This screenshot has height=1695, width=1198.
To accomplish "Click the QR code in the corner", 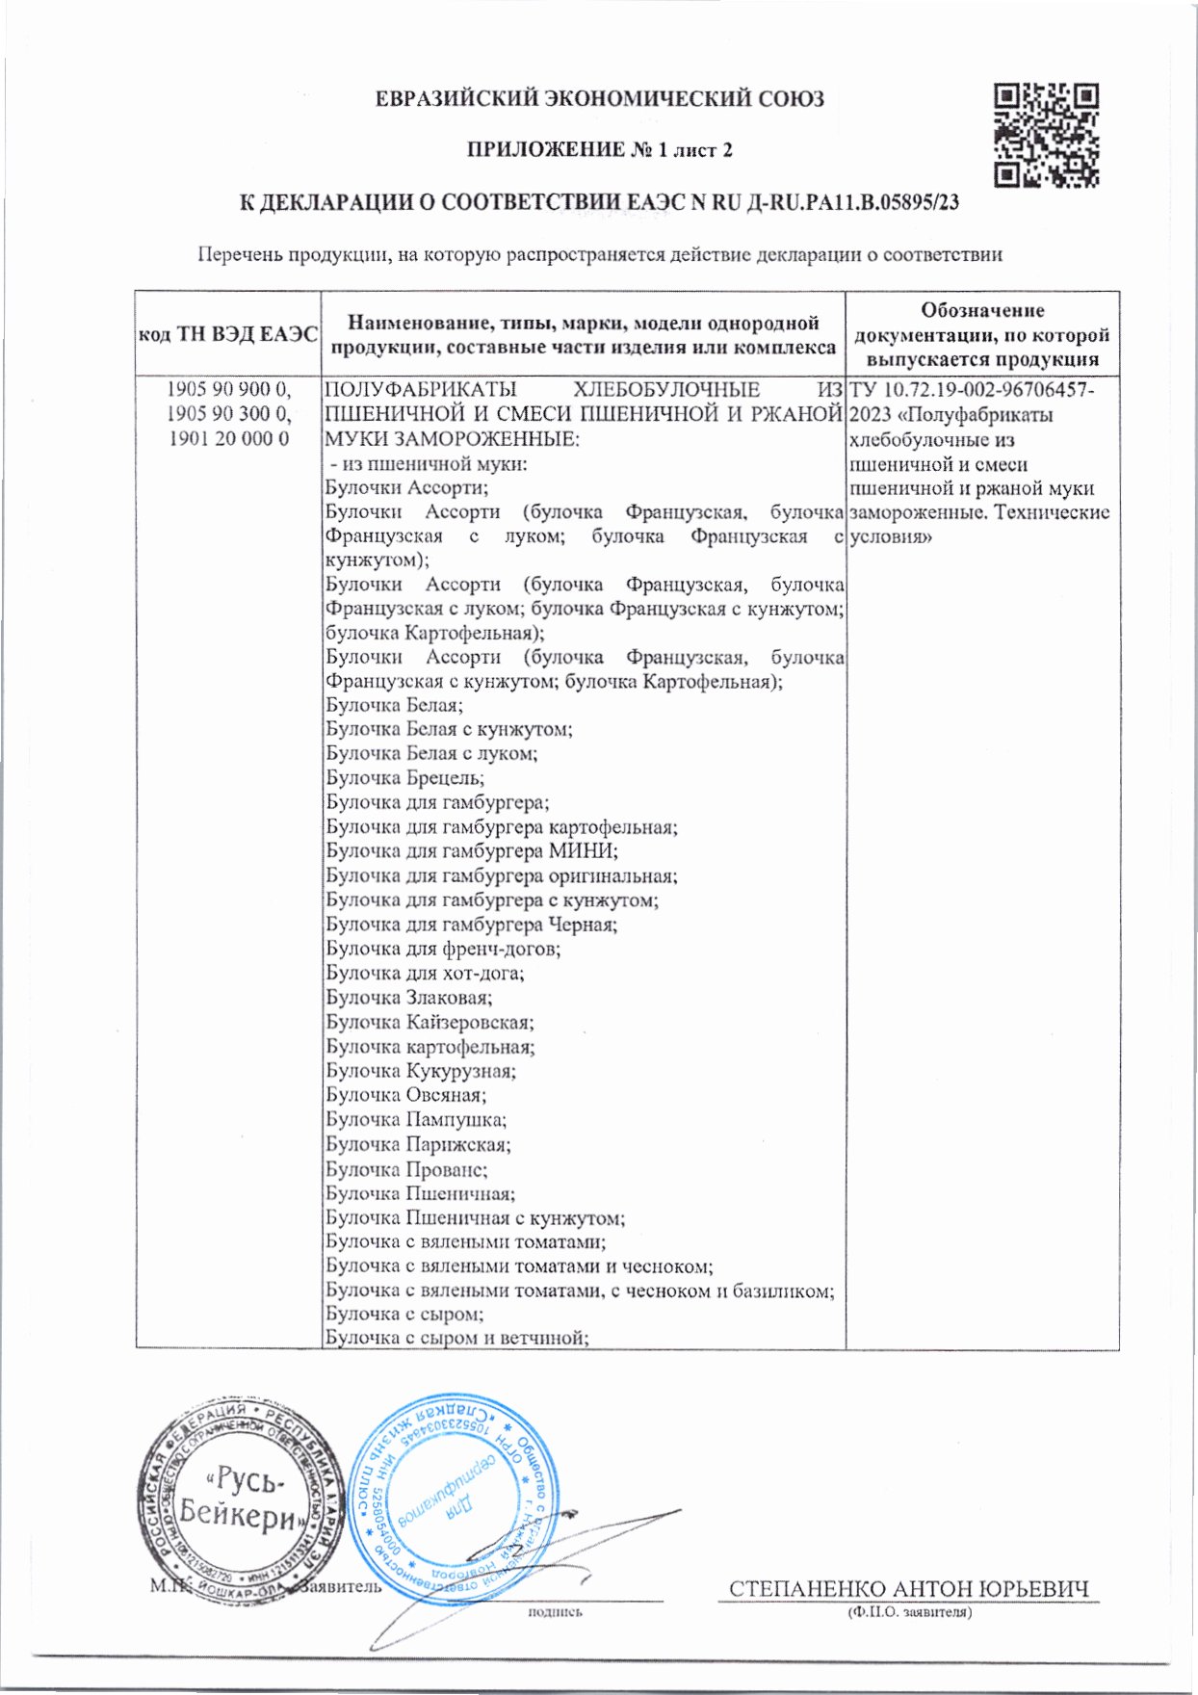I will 1047,135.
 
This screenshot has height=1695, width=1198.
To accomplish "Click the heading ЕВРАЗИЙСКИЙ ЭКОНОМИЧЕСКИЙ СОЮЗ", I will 599,98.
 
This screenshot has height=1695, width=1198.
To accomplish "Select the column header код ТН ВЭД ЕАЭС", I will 228,334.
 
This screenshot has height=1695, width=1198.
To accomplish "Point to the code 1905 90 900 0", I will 228,390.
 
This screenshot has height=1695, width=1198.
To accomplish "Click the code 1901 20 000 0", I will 228,439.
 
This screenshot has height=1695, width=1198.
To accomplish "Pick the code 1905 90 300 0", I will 228,414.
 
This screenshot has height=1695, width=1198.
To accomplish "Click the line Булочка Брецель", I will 404,778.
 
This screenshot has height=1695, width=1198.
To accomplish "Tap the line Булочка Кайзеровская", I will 430,1022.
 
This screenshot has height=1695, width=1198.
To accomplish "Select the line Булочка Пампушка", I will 416,1119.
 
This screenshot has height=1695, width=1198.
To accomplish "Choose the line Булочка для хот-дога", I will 425,973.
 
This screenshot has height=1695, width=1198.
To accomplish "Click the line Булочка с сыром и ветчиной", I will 456,1338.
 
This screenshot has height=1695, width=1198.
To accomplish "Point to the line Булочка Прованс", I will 406,1169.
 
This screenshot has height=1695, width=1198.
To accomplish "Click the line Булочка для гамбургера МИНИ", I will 472,851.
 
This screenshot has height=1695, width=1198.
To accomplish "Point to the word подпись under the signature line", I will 555,1611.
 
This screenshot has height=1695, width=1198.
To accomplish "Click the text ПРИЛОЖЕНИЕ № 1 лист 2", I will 599,150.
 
